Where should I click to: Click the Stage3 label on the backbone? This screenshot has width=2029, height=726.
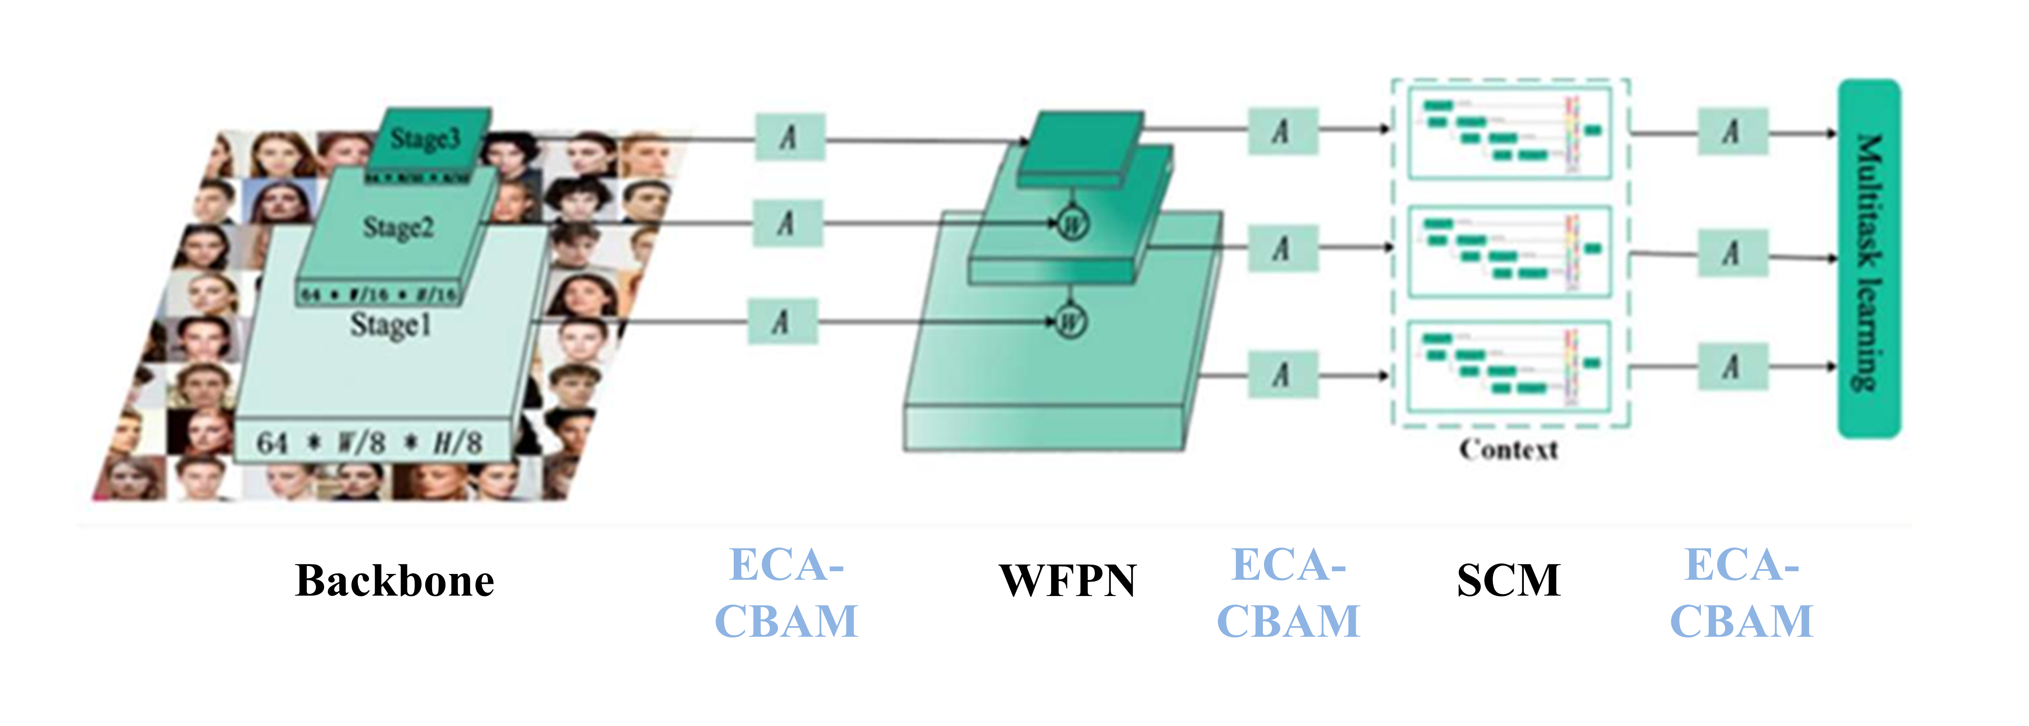pos(425,139)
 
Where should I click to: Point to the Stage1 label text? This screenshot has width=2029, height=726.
pos(391,324)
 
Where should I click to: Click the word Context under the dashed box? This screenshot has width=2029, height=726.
pos(1508,450)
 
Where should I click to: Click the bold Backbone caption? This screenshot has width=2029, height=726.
pos(394,581)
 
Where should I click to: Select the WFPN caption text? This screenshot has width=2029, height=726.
pos(1067,581)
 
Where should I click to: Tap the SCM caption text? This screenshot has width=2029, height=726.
pos(1508,581)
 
